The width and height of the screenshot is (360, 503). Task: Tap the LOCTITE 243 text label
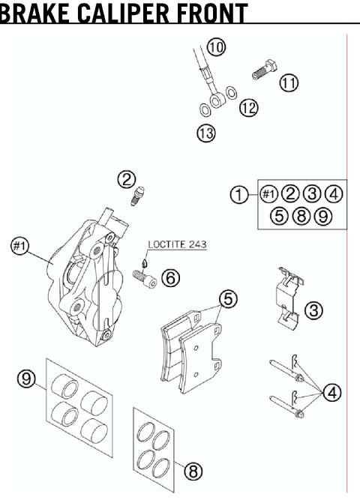tap(177, 244)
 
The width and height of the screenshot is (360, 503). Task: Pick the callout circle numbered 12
tap(248, 109)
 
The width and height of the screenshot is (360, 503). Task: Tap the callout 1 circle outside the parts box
tap(238, 194)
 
